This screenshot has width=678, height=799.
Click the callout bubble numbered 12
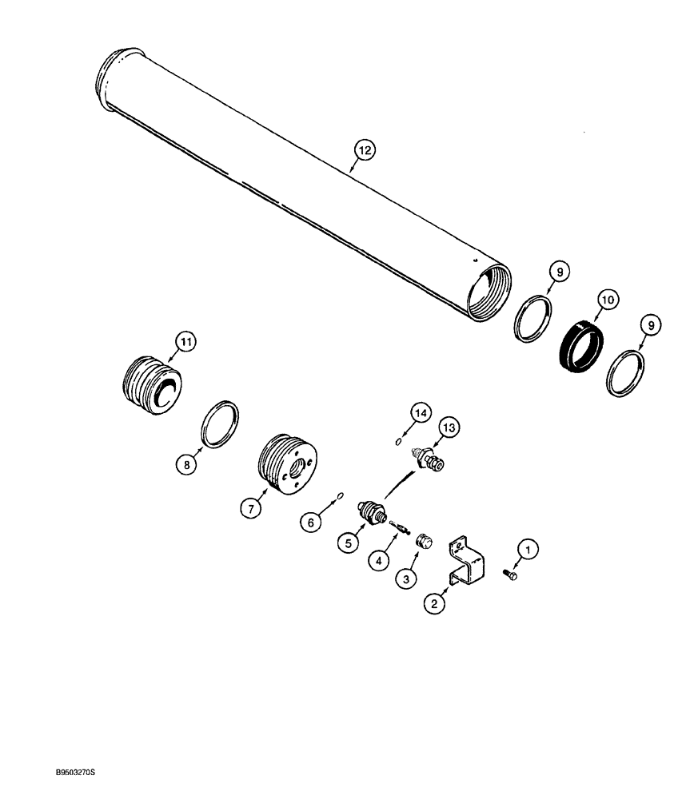[365, 149]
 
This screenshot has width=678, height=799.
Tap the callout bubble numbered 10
[607, 300]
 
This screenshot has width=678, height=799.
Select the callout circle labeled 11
[185, 343]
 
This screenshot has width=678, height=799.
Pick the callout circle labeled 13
[449, 430]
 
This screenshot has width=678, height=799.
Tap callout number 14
[421, 412]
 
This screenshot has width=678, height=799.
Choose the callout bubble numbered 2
[434, 603]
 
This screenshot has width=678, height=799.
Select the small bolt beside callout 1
[510, 574]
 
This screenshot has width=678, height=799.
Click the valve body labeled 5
[372, 511]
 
